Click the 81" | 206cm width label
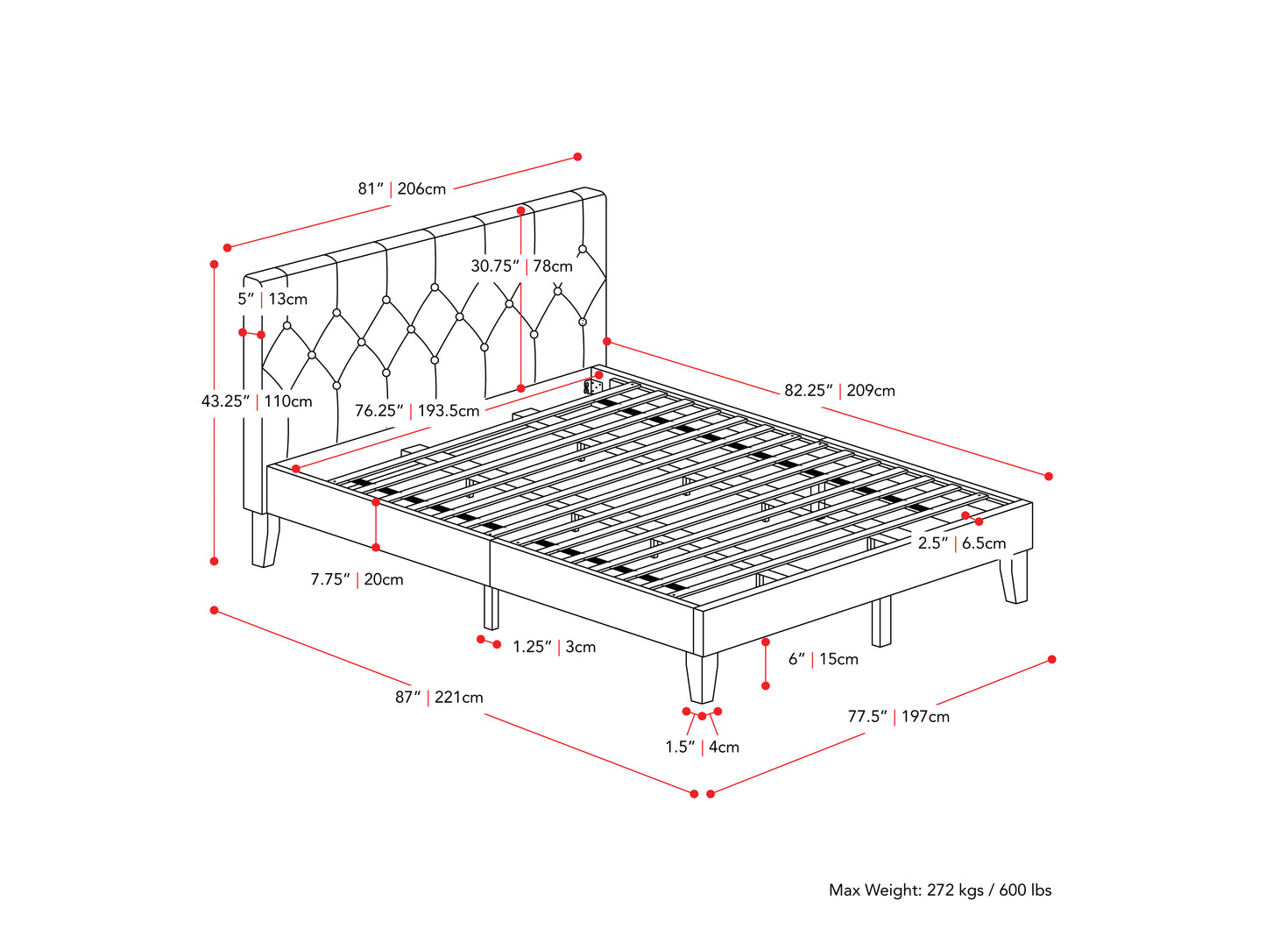[x=401, y=188]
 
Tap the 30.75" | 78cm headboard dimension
[x=521, y=266]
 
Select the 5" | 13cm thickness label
[x=272, y=299]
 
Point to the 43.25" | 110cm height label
[x=257, y=401]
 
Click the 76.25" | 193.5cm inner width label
[x=417, y=410]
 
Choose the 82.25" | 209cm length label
[x=839, y=390]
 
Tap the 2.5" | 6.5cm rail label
[x=961, y=542]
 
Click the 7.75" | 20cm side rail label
[x=357, y=579]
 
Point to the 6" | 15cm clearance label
[x=823, y=659]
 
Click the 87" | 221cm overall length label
[x=439, y=698]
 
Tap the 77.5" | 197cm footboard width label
[x=898, y=716]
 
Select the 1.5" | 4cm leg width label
[x=702, y=747]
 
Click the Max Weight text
[x=939, y=890]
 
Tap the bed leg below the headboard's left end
[x=265, y=539]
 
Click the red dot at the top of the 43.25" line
[x=214, y=263]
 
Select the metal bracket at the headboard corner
[x=593, y=386]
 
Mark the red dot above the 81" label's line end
[x=577, y=157]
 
